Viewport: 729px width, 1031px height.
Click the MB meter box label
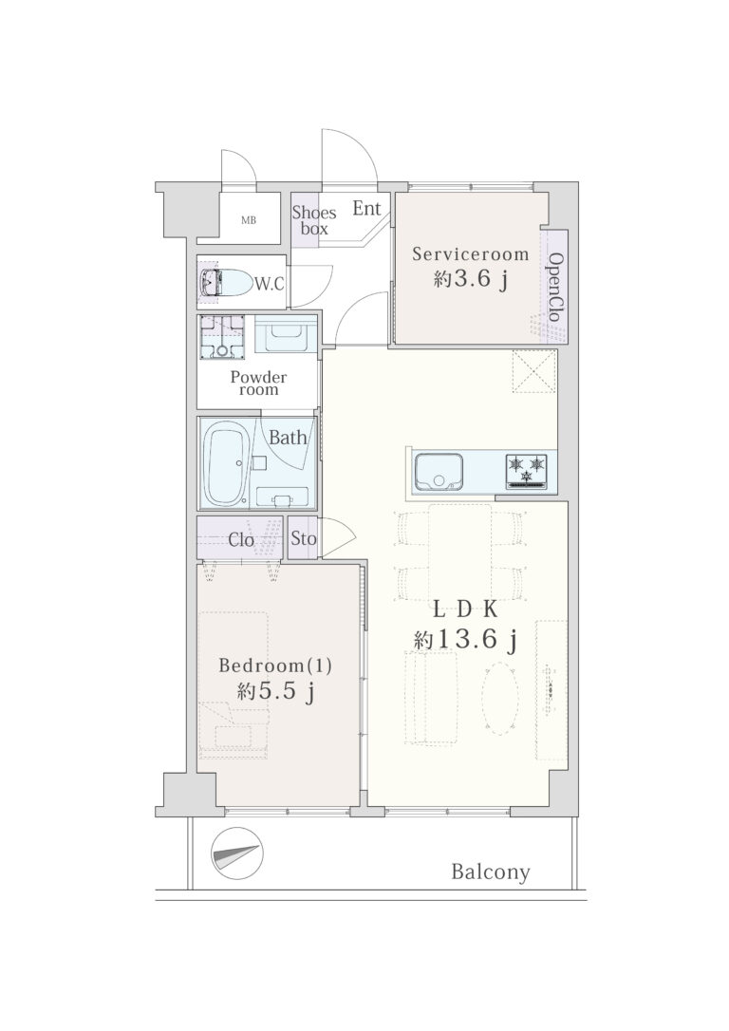click(x=249, y=221)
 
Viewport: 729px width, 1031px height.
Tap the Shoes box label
click(x=314, y=220)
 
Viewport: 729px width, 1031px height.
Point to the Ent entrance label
click(x=366, y=209)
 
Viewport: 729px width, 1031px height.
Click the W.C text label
click(x=270, y=285)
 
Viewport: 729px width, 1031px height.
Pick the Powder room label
click(x=258, y=384)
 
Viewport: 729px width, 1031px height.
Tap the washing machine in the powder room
click(x=222, y=337)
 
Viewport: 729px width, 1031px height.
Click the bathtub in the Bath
click(x=224, y=463)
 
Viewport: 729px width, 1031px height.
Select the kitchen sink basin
click(x=439, y=472)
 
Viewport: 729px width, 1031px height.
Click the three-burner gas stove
click(x=527, y=472)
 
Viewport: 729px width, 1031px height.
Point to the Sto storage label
click(x=304, y=538)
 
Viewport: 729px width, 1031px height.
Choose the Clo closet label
click(x=240, y=540)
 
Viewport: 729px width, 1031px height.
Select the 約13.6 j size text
click(x=464, y=640)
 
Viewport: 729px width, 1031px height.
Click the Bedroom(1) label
click(x=274, y=666)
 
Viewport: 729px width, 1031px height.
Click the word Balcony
click(x=491, y=872)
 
